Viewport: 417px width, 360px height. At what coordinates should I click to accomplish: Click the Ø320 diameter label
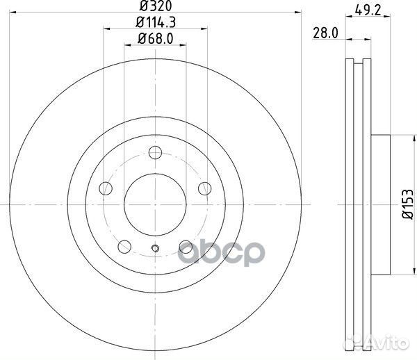pyautogui.click(x=156, y=6)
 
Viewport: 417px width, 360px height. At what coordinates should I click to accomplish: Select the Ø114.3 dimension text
pyautogui.click(x=156, y=23)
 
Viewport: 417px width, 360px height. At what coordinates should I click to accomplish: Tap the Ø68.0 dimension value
pyautogui.click(x=156, y=39)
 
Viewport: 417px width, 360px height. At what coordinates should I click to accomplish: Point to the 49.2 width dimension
pyautogui.click(x=368, y=10)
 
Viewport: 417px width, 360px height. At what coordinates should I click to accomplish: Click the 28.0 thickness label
pyautogui.click(x=325, y=33)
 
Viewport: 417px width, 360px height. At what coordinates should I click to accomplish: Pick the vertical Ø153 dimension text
pyautogui.click(x=408, y=204)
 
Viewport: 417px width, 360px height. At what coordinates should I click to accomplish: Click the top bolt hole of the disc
pyautogui.click(x=155, y=152)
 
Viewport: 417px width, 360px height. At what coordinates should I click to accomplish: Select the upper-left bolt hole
pyautogui.click(x=106, y=188)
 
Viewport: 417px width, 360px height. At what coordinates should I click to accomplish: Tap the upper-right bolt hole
pyautogui.click(x=205, y=188)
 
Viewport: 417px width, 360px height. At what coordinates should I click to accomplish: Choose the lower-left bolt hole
pyautogui.click(x=124, y=247)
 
